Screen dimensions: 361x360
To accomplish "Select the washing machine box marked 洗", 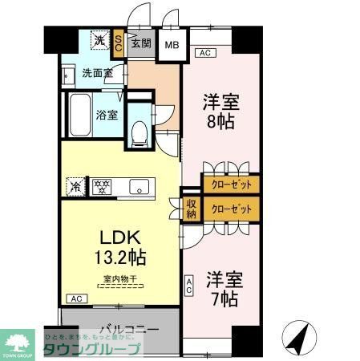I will click(x=99, y=39).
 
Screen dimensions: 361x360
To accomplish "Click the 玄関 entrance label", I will click(x=141, y=43).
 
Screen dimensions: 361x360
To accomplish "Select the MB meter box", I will click(x=172, y=44).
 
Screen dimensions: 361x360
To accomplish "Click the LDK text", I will click(x=119, y=238).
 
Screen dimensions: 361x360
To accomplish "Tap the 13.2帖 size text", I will click(x=120, y=258).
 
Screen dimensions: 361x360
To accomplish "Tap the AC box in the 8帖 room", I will click(x=205, y=53).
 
